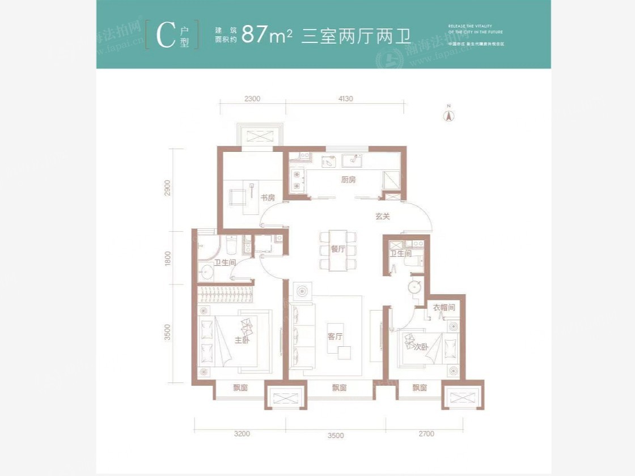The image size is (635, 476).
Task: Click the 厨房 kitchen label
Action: pyautogui.click(x=349, y=180)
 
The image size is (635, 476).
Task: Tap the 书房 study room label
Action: pyautogui.click(x=268, y=198)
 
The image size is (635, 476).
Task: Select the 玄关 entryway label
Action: pyautogui.click(x=383, y=216)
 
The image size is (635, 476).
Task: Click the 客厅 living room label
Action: pyautogui.click(x=335, y=336)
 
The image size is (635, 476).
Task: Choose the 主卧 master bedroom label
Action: pyautogui.click(x=242, y=340)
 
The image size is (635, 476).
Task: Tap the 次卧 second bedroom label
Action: pyautogui.click(x=420, y=346)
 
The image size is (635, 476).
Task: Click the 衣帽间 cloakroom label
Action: pyautogui.click(x=444, y=308)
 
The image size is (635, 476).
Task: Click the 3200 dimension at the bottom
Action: pyautogui.click(x=242, y=435)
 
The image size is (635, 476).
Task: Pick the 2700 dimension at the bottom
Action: pyautogui.click(x=426, y=434)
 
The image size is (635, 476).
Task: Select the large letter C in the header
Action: pyautogui.click(x=164, y=36)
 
